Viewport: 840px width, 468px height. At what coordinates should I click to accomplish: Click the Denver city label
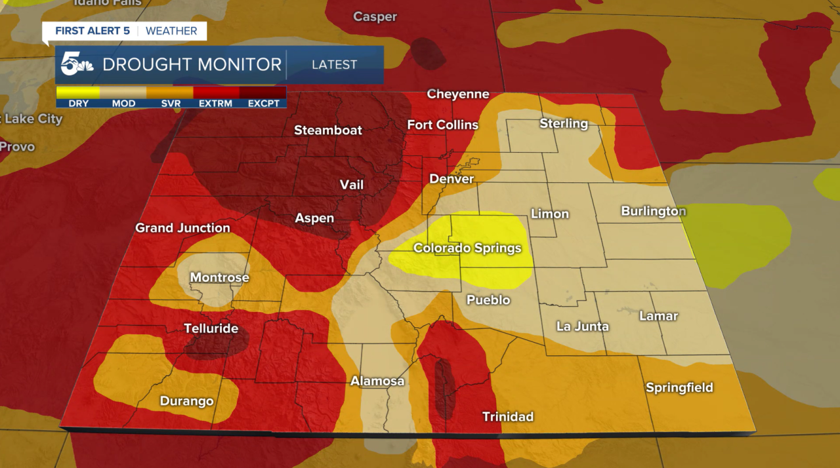pyautogui.click(x=451, y=179)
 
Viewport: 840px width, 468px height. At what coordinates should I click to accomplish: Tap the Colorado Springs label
pyautogui.click(x=467, y=248)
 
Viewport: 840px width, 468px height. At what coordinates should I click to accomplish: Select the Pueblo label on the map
pyautogui.click(x=488, y=300)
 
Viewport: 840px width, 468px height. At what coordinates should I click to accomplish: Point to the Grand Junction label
pyautogui.click(x=182, y=228)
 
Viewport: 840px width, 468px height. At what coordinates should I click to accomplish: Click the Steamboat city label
pyautogui.click(x=328, y=130)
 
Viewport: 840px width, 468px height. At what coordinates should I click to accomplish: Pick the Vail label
pyautogui.click(x=352, y=185)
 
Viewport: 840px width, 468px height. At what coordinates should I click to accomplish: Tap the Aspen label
pyautogui.click(x=314, y=218)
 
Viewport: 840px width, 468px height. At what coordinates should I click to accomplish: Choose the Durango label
pyautogui.click(x=187, y=401)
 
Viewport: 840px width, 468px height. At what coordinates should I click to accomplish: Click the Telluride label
pyautogui.click(x=211, y=328)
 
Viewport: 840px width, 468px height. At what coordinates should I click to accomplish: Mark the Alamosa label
pyautogui.click(x=377, y=381)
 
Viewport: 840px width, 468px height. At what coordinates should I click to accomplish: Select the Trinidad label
pyautogui.click(x=508, y=416)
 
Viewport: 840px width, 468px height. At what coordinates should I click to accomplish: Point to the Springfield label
pyautogui.click(x=679, y=387)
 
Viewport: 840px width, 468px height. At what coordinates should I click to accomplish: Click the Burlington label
pyautogui.click(x=654, y=211)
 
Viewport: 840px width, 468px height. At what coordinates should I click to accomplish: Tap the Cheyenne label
pyautogui.click(x=458, y=94)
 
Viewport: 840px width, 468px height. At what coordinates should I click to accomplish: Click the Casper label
pyautogui.click(x=375, y=17)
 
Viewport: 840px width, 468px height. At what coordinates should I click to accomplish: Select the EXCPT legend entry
pyautogui.click(x=263, y=104)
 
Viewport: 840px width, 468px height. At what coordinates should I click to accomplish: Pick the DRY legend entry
pyautogui.click(x=78, y=104)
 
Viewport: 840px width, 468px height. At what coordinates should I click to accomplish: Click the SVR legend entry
pyautogui.click(x=170, y=104)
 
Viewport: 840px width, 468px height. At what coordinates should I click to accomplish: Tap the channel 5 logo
pyautogui.click(x=76, y=64)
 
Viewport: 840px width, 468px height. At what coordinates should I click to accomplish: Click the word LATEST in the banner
pyautogui.click(x=335, y=65)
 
